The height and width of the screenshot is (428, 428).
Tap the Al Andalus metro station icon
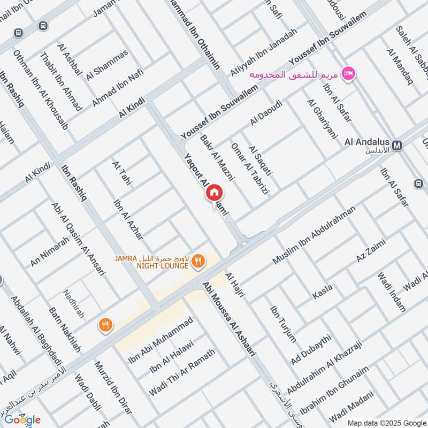(x=398, y=145)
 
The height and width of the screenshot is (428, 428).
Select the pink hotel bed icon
(x=349, y=74)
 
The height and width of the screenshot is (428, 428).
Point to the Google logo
(x=22, y=419)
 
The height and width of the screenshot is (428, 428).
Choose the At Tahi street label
(x=122, y=174)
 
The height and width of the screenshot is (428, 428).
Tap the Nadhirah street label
(x=74, y=304)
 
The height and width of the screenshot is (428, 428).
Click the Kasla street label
(x=323, y=292)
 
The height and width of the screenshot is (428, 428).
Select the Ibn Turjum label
(x=282, y=323)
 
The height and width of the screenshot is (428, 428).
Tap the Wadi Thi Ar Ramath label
(x=182, y=373)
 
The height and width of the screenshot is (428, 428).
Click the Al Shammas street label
(x=111, y=63)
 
